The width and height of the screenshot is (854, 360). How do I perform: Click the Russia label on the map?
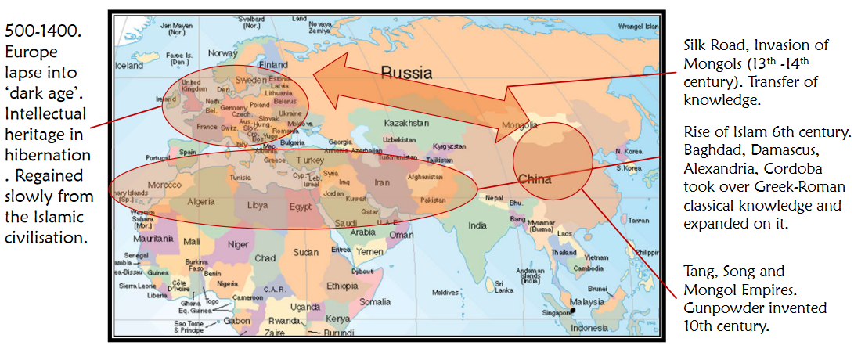406,74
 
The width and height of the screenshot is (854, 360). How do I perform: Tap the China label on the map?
535,179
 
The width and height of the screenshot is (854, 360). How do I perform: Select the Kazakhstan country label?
406,123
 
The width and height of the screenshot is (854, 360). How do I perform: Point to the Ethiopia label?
341,285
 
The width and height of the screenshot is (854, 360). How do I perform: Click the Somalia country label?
375,301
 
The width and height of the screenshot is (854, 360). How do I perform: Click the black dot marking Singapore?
573,311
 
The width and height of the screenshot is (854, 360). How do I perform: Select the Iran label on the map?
381,182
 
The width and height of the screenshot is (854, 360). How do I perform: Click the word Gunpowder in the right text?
715,308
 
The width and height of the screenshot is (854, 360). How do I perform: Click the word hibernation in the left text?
47,155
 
